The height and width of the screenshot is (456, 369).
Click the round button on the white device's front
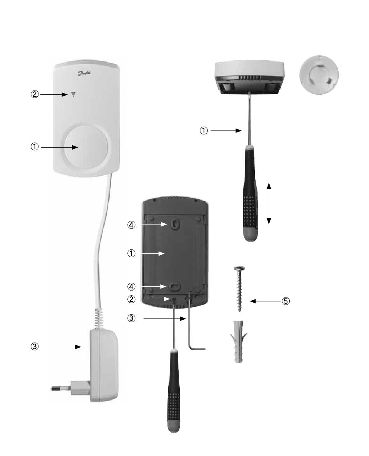[x=83, y=147]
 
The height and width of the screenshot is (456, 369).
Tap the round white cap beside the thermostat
[x=319, y=75]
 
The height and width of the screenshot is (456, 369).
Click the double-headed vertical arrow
[x=269, y=204]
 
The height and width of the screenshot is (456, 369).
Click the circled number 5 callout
[x=286, y=301]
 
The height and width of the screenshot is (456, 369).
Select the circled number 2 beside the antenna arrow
[x=35, y=94]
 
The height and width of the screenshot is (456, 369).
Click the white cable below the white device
[x=102, y=241]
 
